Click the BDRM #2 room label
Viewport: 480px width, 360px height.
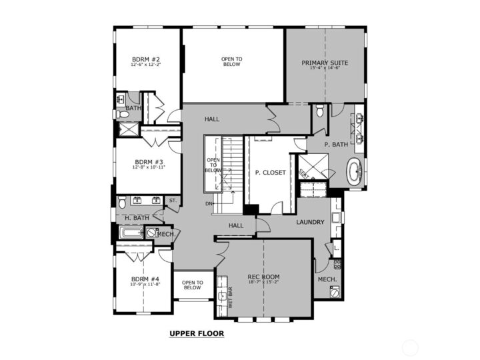(146, 59)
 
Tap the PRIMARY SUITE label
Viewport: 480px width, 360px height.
(325, 63)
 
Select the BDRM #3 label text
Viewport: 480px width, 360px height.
(149, 162)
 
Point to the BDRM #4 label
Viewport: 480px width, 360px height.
(145, 279)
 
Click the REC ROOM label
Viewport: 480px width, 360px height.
(263, 277)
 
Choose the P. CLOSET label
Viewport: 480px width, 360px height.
(270, 173)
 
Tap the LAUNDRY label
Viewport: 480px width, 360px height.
(311, 222)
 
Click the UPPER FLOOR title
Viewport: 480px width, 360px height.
(196, 333)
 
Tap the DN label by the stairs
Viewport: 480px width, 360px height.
(209, 204)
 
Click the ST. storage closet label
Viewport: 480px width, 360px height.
(172, 200)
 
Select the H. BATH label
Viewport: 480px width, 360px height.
(137, 218)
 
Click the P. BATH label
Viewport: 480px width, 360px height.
(337, 145)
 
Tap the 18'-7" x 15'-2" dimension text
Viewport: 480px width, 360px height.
(263, 283)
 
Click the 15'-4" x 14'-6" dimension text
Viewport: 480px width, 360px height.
(325, 69)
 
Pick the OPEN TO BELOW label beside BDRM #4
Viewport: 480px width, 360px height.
(192, 285)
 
